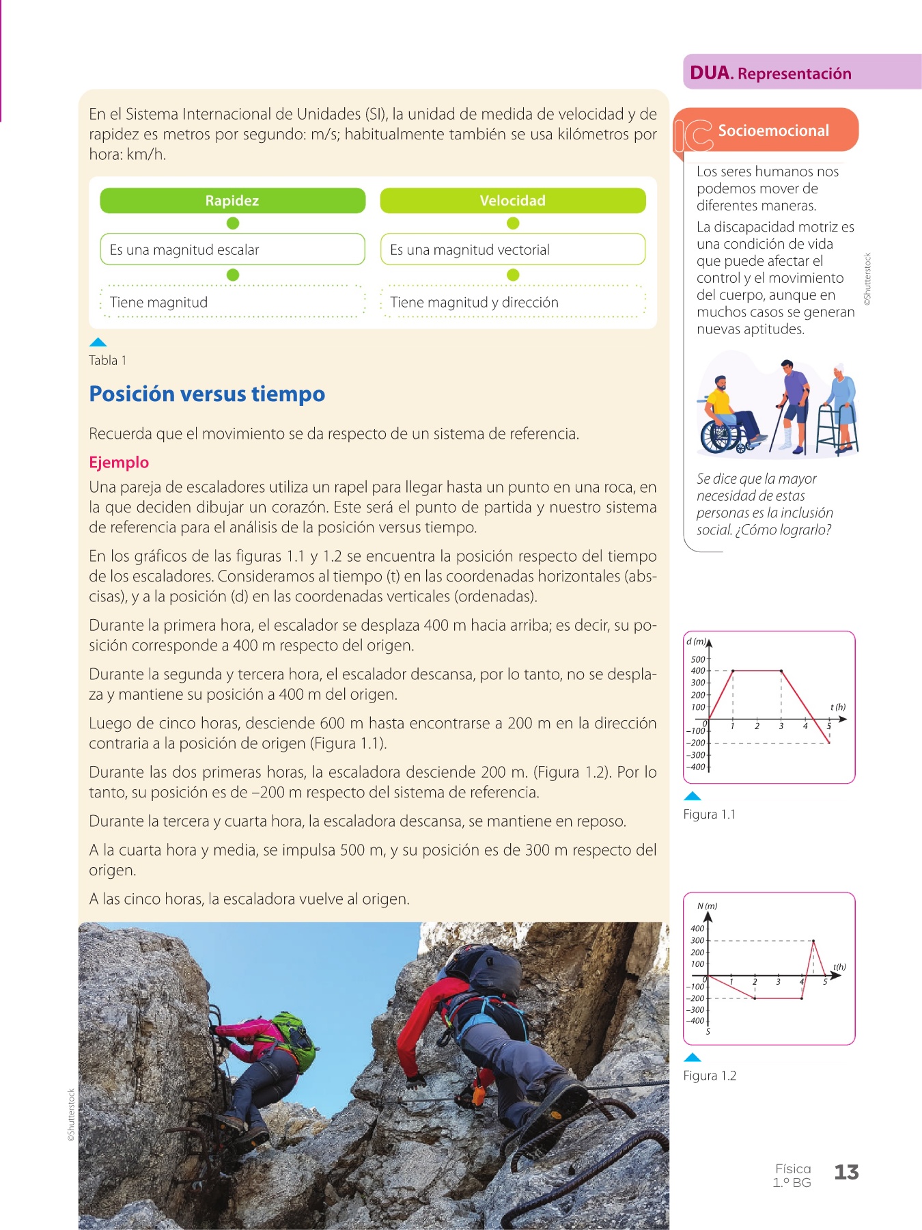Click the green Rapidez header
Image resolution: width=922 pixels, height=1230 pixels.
point(232,200)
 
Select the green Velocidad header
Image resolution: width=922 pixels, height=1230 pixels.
point(512,200)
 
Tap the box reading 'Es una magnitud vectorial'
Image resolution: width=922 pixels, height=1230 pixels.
point(512,249)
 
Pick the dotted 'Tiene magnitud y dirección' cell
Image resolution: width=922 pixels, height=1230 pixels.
point(512,302)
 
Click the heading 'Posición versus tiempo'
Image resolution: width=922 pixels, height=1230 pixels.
point(207,394)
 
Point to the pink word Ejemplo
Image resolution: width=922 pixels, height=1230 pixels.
point(119,462)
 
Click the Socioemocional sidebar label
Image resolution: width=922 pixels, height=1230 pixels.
point(773,131)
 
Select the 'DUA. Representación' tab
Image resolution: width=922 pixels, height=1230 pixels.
point(771,73)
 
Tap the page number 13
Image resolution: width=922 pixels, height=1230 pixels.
point(846,1173)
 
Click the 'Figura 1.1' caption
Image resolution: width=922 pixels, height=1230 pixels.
point(710,814)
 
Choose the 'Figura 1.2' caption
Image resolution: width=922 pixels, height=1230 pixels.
point(710,1076)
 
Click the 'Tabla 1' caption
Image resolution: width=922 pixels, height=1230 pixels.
point(107,360)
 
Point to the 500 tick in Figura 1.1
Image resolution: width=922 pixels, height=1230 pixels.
point(698,659)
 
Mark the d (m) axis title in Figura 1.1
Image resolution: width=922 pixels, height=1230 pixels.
point(696,642)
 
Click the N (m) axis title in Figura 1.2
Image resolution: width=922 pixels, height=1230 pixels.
point(707,906)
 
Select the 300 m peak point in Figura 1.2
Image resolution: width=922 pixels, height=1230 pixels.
point(813,941)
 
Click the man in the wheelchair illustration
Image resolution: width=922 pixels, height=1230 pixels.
point(724,417)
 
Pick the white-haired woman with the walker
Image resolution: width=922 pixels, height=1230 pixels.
point(841,403)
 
